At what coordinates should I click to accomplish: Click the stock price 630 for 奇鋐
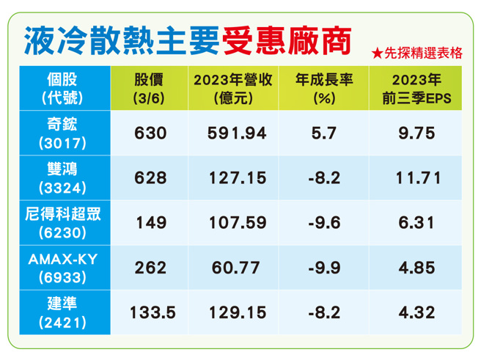[151, 133]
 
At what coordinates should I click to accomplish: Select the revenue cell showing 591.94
[235, 133]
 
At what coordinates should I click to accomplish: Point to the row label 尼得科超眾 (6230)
[65, 222]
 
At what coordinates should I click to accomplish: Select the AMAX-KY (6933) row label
[65, 267]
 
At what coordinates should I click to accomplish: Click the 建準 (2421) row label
[65, 312]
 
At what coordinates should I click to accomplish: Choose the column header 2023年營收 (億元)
[235, 88]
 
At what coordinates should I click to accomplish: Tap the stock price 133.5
[151, 312]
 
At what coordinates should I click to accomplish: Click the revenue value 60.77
[235, 268]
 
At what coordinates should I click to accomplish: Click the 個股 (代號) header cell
[65, 88]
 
